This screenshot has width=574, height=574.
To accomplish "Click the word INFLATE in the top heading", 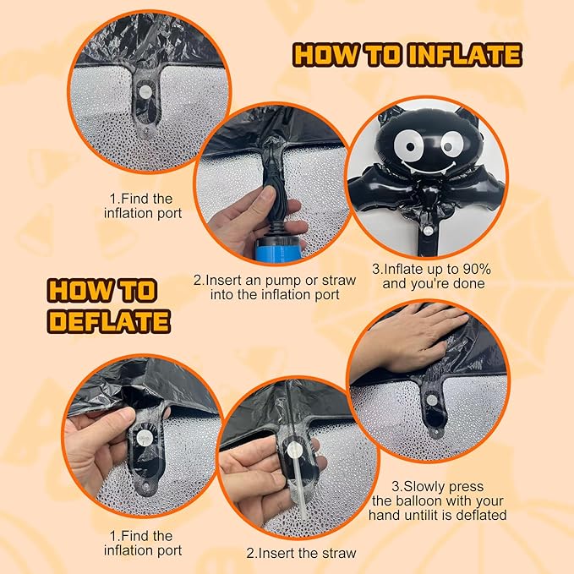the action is (465, 55).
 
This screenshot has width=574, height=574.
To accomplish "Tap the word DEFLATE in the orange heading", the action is (109, 321).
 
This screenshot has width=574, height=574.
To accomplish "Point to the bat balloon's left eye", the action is (407, 146).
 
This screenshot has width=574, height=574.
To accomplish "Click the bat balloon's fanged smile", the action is (429, 167).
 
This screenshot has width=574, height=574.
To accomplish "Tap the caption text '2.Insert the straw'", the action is (301, 553).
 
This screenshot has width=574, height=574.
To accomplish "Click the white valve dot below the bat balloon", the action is (428, 231).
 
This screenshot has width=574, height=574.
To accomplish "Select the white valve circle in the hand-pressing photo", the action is (432, 400).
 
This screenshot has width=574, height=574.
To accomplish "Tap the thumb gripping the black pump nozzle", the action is (269, 200).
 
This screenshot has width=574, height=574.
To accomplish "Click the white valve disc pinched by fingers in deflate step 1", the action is (143, 437).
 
